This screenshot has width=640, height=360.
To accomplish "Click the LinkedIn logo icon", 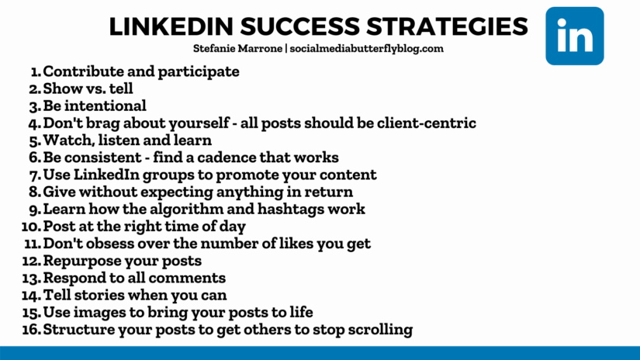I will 574,36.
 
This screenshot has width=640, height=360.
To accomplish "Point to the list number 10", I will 31,227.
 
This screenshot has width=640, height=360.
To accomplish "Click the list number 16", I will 31,330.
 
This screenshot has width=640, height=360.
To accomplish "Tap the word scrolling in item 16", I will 376,330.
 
